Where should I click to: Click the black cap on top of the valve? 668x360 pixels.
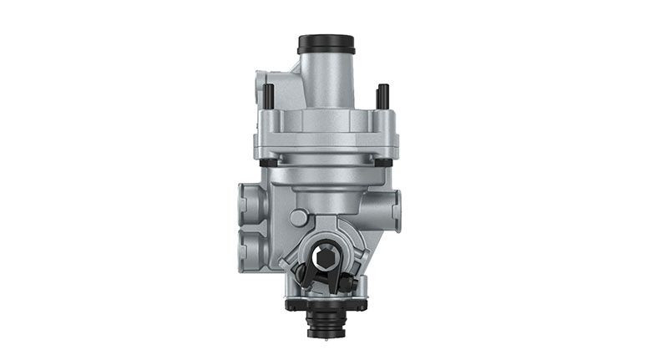[326, 43]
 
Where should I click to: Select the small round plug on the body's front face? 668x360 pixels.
[298, 218]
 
